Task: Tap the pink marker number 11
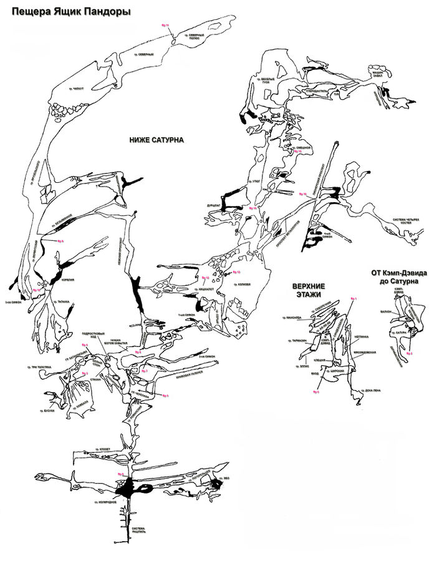point(165,24)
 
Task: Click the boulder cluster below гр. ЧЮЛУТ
point(62,110)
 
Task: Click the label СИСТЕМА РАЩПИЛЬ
point(138,531)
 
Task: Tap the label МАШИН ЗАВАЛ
point(382,73)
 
